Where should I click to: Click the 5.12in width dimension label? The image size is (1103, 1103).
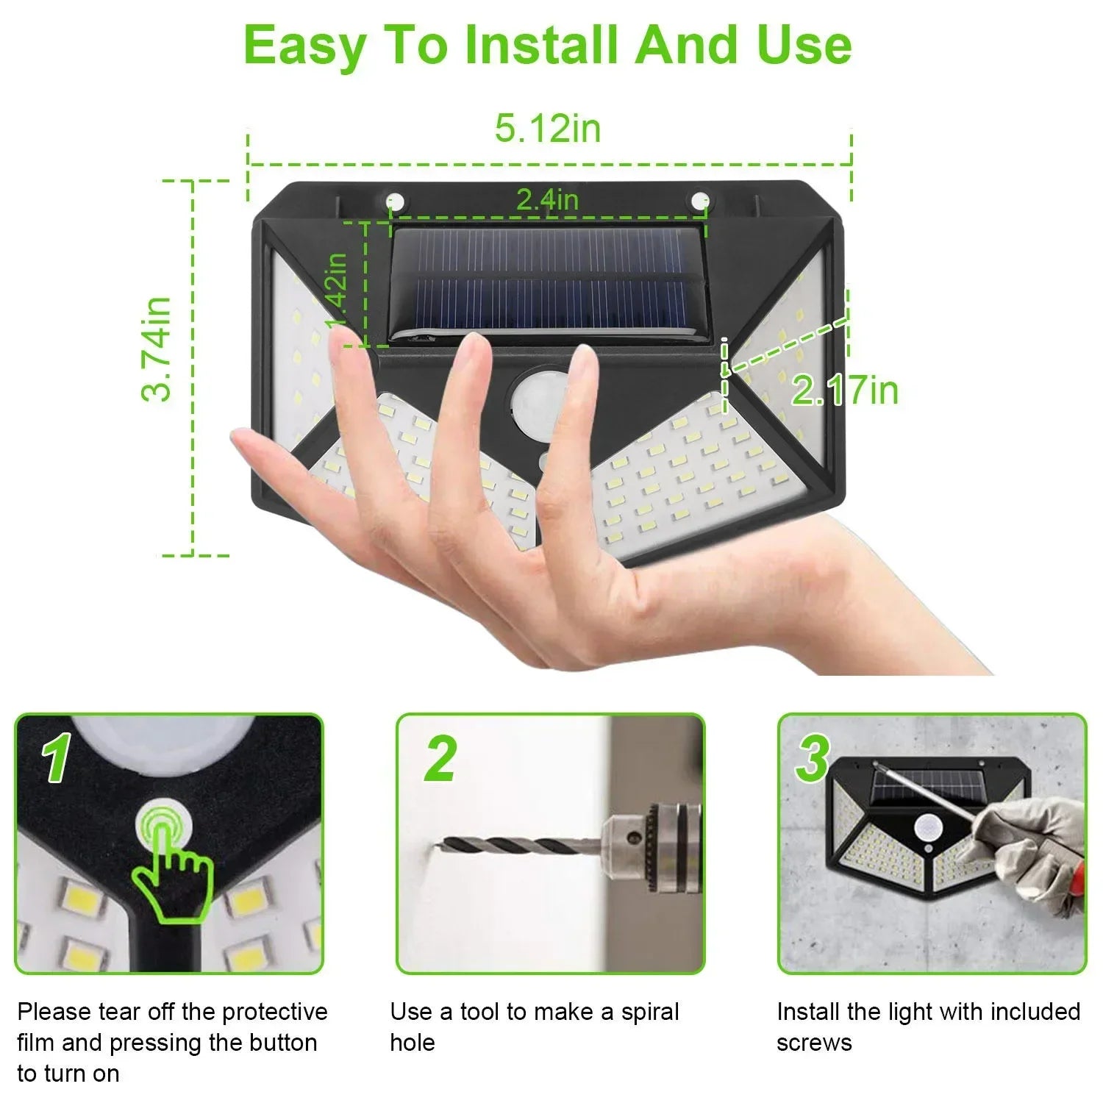pyautogui.click(x=547, y=129)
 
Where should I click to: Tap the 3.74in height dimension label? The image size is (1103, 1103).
pyautogui.click(x=157, y=349)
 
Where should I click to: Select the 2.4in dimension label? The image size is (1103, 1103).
pyautogui.click(x=547, y=199)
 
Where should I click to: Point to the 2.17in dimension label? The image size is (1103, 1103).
pyautogui.click(x=845, y=389)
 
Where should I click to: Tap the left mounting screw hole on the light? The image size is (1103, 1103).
pyautogui.click(x=395, y=200)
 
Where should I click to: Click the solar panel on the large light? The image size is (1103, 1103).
pyautogui.click(x=548, y=283)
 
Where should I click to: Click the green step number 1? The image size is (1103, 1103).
pyautogui.click(x=57, y=758)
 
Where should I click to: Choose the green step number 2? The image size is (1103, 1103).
pyautogui.click(x=440, y=758)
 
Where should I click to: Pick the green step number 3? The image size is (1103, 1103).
pyautogui.click(x=813, y=758)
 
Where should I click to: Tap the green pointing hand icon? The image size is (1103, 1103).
pyautogui.click(x=171, y=868)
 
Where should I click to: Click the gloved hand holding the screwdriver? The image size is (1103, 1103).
pyautogui.click(x=1029, y=846)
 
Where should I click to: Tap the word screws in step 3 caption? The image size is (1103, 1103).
pyautogui.click(x=814, y=1043)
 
